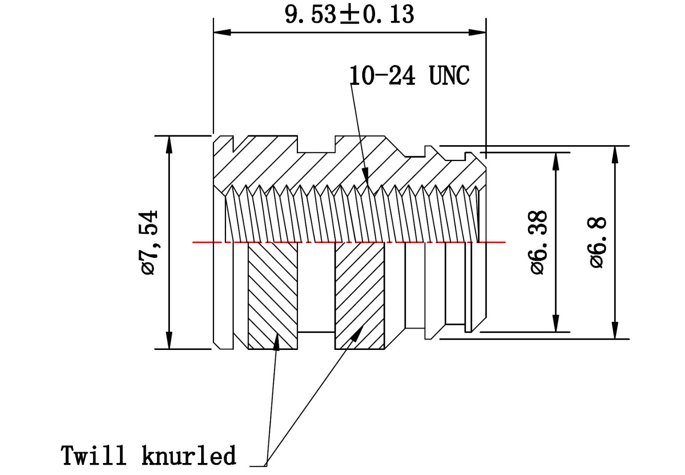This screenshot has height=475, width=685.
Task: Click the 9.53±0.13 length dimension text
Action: pyautogui.click(x=349, y=15)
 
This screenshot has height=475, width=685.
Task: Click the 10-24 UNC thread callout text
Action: pyautogui.click(x=409, y=76)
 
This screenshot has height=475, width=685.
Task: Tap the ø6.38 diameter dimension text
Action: pyautogui.click(x=539, y=242)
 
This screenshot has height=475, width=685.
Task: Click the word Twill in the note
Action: pyautogui.click(x=93, y=455)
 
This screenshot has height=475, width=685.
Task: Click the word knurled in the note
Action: pyautogui.click(x=189, y=455)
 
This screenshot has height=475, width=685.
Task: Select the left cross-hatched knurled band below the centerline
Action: pyautogui.click(x=273, y=296)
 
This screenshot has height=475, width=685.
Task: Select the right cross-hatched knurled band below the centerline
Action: pyautogui.click(x=360, y=296)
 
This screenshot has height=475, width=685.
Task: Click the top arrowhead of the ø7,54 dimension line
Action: pyautogui.click(x=170, y=144)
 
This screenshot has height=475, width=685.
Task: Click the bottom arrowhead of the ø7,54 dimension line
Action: pyautogui.click(x=170, y=341)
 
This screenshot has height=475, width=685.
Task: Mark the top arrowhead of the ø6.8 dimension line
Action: pyautogui.click(x=615, y=154)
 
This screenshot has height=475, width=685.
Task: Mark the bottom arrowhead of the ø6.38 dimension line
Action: pyautogui.click(x=556, y=324)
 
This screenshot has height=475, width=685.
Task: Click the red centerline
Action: pyautogui.click(x=492, y=242)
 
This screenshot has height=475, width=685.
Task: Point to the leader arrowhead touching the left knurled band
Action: pyautogui.click(x=277, y=342)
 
